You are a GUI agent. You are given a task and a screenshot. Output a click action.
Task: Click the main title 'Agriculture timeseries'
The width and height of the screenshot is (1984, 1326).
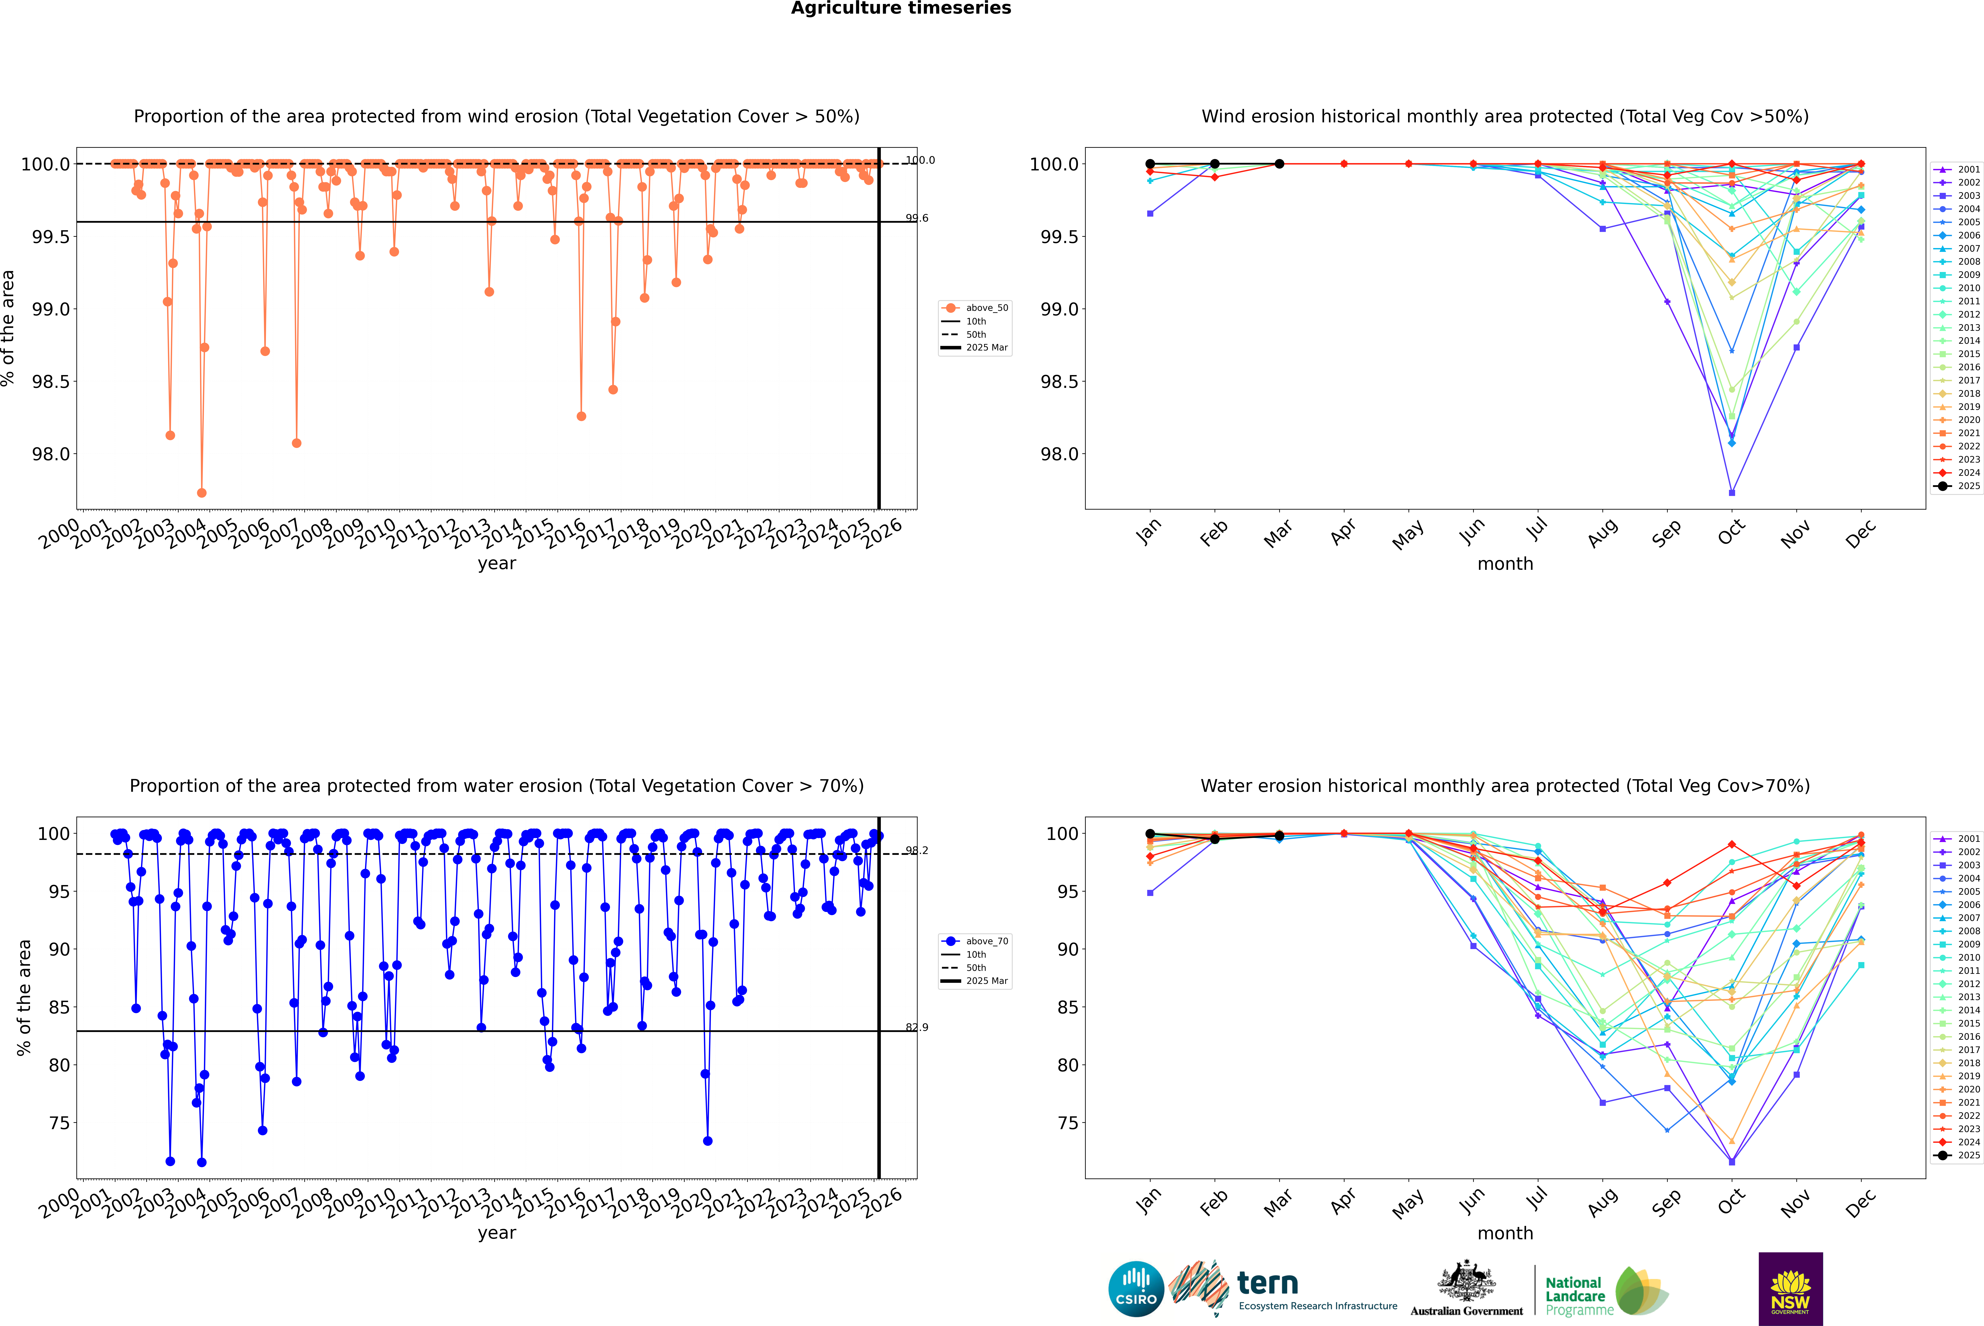pyautogui.click(x=901, y=8)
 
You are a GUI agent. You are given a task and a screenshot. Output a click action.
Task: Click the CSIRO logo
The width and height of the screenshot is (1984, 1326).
pyautogui.click(x=1136, y=1289)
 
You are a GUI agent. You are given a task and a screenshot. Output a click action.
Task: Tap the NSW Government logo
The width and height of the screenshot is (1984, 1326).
pyautogui.click(x=1790, y=1289)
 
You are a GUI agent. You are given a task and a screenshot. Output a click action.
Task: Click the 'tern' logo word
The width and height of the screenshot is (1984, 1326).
pyautogui.click(x=1267, y=1283)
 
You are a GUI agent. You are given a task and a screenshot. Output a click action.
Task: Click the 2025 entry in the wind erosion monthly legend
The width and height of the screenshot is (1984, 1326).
pyautogui.click(x=1968, y=486)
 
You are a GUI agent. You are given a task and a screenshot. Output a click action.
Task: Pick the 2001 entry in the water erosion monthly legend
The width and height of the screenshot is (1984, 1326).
pyautogui.click(x=1968, y=839)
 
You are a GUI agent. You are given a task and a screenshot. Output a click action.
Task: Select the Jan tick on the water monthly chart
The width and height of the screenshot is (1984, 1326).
pyautogui.click(x=1148, y=1201)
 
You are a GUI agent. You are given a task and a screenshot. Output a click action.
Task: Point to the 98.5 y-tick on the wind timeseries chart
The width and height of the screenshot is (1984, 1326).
pyautogui.click(x=51, y=381)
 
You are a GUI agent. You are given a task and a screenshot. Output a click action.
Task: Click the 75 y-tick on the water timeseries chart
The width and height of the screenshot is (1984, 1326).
pyautogui.click(x=59, y=1123)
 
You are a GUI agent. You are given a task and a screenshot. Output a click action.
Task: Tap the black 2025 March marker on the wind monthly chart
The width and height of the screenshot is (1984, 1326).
pyautogui.click(x=1279, y=164)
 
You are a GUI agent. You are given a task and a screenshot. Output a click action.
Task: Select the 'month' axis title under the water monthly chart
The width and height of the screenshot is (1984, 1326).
pyautogui.click(x=1504, y=1233)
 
